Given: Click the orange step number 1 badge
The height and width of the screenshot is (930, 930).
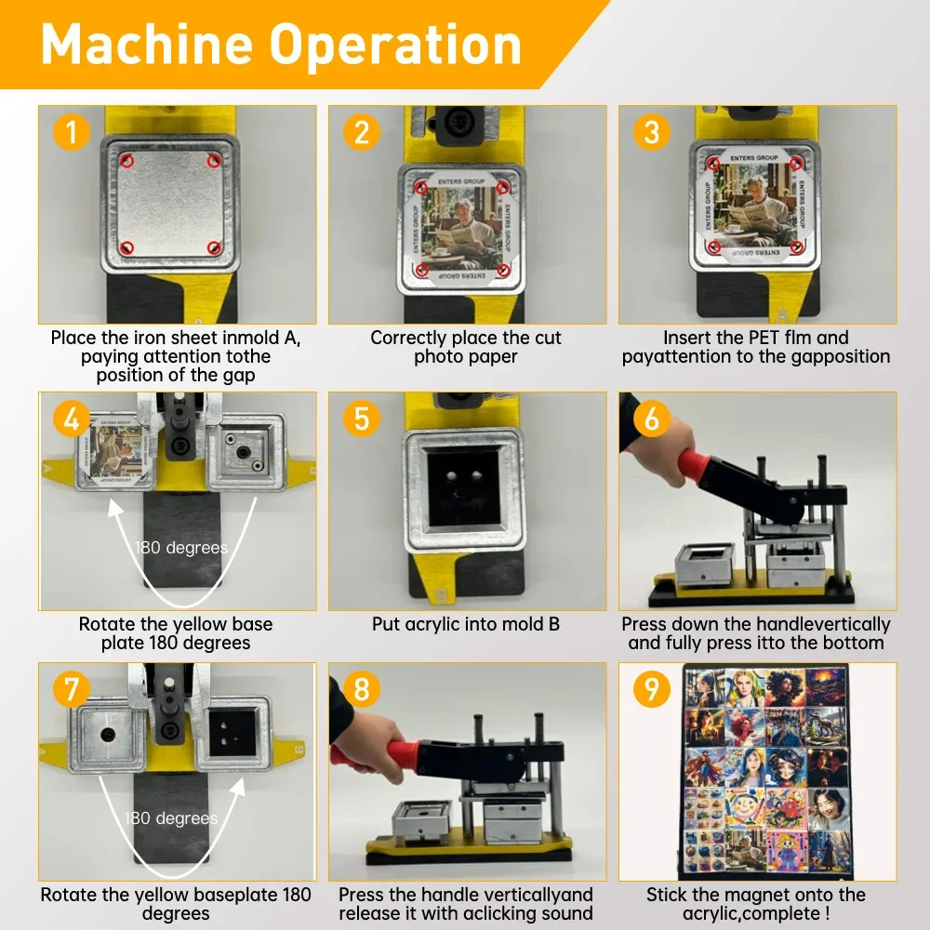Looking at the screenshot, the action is coord(72,132).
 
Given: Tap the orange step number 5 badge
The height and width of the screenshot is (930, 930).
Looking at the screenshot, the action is coord(361,418).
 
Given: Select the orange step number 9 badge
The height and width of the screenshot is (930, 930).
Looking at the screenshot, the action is coord(651,688).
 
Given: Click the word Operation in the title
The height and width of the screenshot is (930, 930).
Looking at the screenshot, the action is coord(395,45).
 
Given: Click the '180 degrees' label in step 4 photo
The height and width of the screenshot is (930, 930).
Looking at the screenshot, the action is coord(181,548).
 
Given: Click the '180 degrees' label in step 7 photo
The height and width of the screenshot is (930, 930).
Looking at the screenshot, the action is coord(171,818).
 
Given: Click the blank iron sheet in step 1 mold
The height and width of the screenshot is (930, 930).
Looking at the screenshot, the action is coord(171,203).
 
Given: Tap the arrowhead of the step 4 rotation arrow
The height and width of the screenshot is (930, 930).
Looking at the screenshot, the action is coord(115,509).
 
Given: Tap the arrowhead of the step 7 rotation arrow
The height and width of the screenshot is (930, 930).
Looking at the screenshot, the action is coord(237,788).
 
